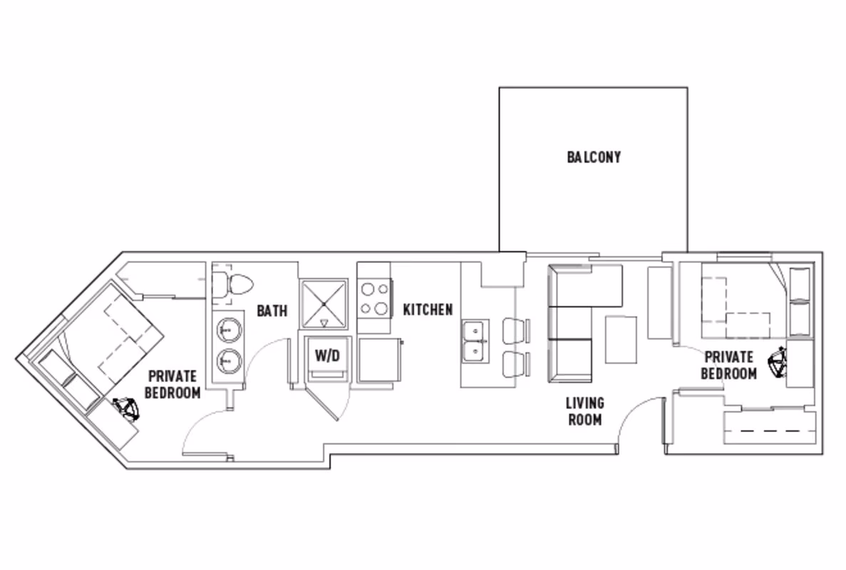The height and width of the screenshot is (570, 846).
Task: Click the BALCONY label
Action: coord(594,157)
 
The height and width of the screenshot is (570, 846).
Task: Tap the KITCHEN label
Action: coord(428,310)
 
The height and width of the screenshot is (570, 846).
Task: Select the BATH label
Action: coord(272,311)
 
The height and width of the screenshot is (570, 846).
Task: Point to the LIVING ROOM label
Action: coord(584,411)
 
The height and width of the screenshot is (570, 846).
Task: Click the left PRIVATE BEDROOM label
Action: coord(174,384)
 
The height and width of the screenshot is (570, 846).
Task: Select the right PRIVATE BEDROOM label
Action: coord(728,365)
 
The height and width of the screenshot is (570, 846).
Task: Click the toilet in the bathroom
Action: coord(234,284)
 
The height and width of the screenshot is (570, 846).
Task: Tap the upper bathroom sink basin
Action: coord(229,331)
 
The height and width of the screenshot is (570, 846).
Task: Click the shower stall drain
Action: coord(324,304)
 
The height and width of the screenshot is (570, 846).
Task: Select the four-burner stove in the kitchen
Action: coord(374,299)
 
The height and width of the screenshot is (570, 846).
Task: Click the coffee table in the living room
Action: coord(621,339)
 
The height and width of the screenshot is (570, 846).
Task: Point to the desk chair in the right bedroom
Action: coord(777,363)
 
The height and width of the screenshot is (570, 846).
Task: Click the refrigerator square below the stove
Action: coord(378,361)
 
